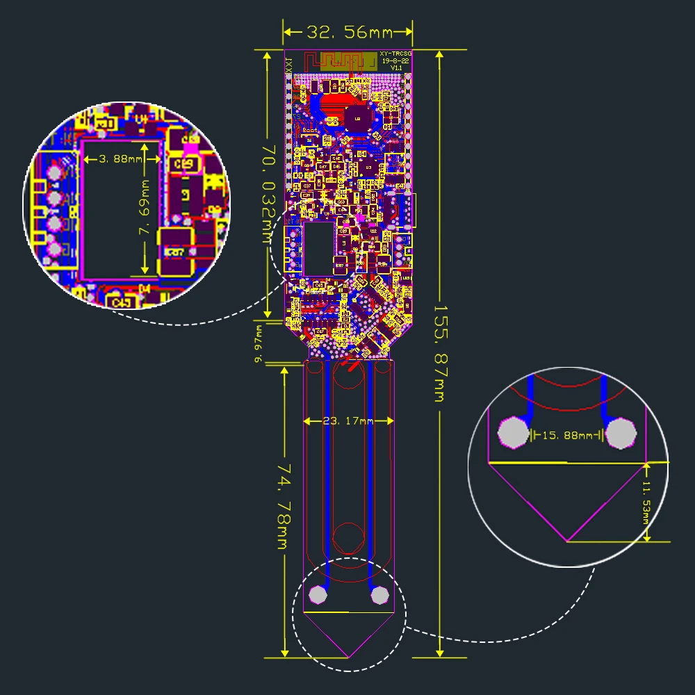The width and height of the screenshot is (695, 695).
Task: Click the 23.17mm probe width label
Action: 349,421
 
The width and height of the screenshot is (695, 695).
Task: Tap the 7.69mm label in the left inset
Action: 145,208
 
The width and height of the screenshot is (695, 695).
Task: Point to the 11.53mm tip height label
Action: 646,501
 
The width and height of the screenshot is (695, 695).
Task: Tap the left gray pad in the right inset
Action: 514,433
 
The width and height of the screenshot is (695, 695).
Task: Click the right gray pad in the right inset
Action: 621,434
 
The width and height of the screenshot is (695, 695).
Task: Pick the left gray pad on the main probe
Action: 318,594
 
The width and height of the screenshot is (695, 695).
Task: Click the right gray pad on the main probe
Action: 379,595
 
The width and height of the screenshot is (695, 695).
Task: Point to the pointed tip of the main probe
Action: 348,657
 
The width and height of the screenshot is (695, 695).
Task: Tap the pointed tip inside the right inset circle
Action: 569,541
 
